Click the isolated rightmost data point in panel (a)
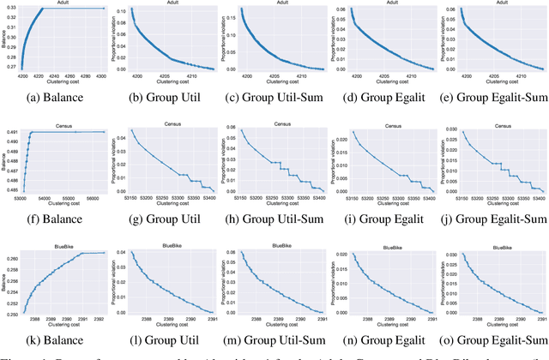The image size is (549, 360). (104, 9)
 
